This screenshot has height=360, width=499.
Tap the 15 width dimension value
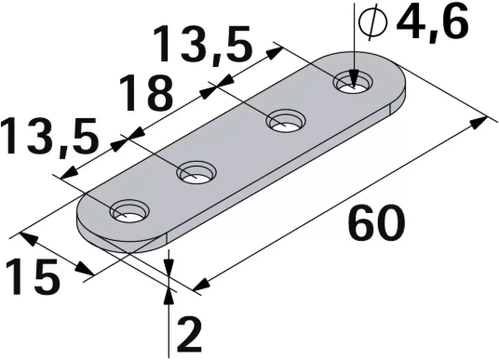point(32,276)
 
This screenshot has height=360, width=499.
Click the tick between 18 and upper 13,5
point(215,87)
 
